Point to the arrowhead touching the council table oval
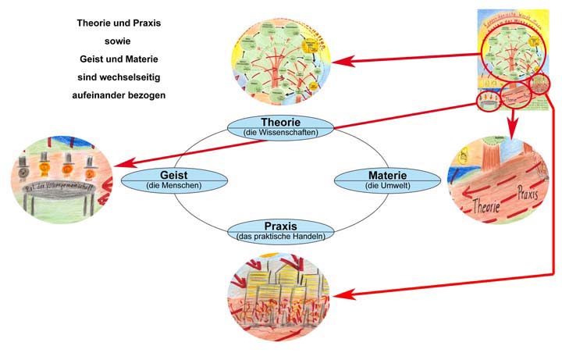[119, 165]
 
